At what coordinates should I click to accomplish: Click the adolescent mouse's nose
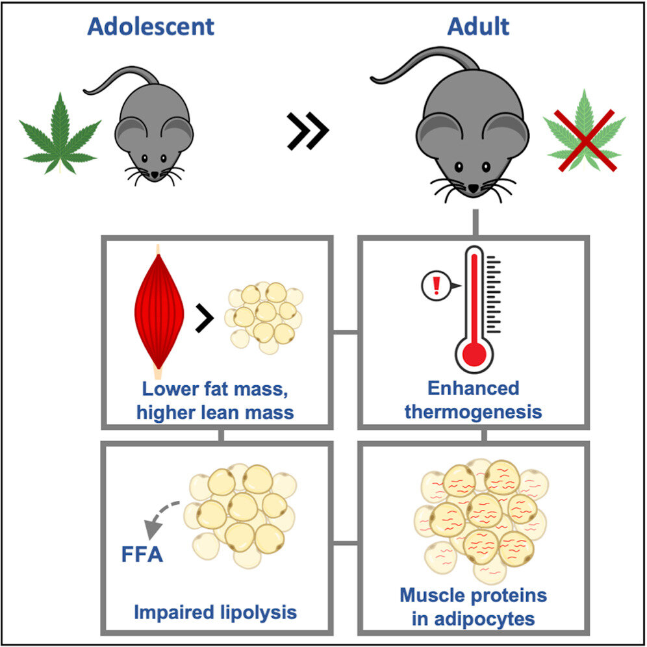(x=154, y=174)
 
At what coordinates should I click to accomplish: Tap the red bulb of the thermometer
(x=476, y=353)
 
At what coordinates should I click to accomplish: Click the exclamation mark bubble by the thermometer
(x=433, y=285)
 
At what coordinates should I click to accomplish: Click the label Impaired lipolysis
(x=216, y=612)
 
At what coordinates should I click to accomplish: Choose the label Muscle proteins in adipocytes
(x=474, y=606)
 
